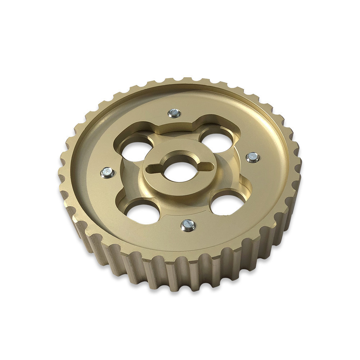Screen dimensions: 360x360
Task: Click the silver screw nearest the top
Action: [174, 113]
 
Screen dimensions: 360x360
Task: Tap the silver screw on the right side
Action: [253, 157]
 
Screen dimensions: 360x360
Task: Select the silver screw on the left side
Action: [107, 173]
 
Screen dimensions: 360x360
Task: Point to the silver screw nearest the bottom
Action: [188, 225]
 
